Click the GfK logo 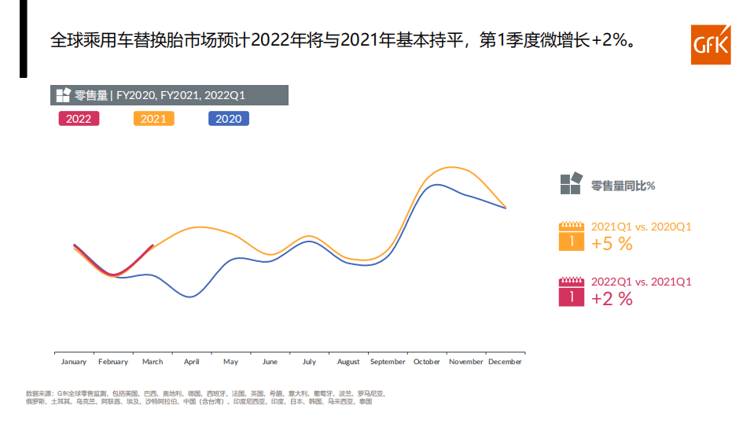coord(710,46)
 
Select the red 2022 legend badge coord(79,119)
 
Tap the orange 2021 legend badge coord(153,119)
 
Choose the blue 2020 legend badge coord(228,119)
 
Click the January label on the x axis coord(74,362)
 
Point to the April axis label coord(191,362)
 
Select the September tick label coord(388,362)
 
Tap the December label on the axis coord(505,362)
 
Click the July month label coord(309,362)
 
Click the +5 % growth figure coord(612,244)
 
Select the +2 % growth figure coord(612,299)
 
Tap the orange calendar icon coord(572,237)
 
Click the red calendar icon coord(572,292)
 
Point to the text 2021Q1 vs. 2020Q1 coord(641,227)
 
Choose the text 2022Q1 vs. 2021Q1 coord(641,282)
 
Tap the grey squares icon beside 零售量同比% coord(571,183)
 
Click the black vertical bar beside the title coord(24,39)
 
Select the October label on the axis coord(427,362)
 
